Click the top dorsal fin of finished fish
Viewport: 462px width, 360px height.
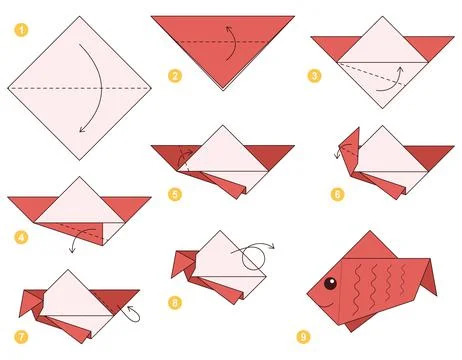[x=372, y=243]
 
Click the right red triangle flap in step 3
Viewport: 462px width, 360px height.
[x=434, y=47]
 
